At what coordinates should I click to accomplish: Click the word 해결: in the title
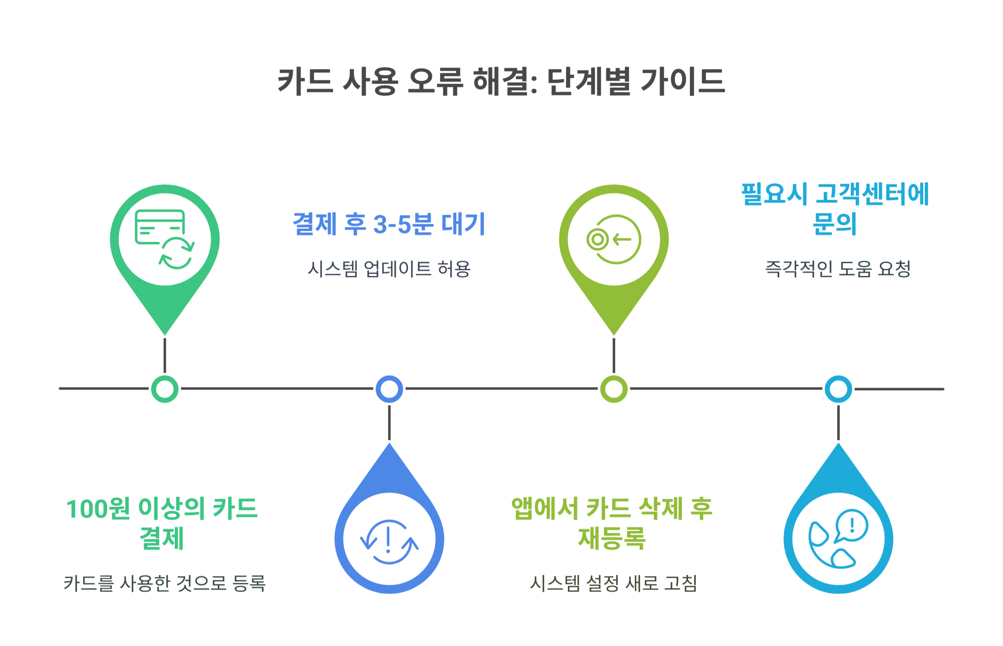[x=505, y=82]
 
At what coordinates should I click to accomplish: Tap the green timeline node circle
[x=165, y=389]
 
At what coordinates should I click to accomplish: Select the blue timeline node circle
[x=389, y=389]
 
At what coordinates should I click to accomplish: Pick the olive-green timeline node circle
[x=613, y=389]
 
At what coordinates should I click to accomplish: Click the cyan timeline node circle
[x=838, y=389]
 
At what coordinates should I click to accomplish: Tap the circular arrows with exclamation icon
[x=389, y=541]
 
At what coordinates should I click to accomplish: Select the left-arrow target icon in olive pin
[x=613, y=239]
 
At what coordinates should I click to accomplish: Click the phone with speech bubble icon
[x=838, y=539]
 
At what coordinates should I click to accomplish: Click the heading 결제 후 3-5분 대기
[x=389, y=224]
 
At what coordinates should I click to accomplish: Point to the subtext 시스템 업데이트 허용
[x=389, y=269]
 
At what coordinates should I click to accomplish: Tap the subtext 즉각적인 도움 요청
[x=837, y=269]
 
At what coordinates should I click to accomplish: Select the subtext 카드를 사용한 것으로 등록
[x=164, y=583]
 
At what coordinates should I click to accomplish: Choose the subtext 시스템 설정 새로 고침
[x=613, y=583]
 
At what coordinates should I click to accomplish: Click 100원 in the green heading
[x=98, y=509]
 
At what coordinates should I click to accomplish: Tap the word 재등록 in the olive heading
[x=612, y=539]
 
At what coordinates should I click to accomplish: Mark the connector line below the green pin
[x=165, y=355]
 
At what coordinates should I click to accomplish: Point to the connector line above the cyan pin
[x=838, y=423]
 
